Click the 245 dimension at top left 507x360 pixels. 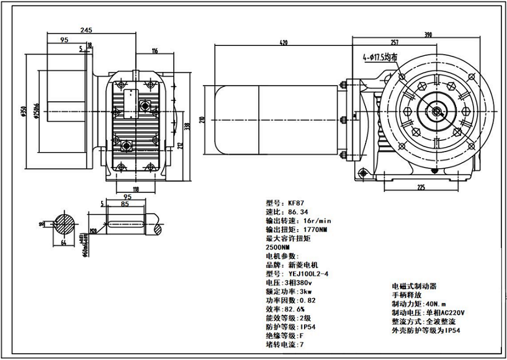[86, 30]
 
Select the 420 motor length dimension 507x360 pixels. [284, 43]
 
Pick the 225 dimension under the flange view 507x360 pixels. [421, 186]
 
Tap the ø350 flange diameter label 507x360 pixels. [23, 112]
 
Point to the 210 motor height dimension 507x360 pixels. [202, 119]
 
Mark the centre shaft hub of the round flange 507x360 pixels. [437, 112]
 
